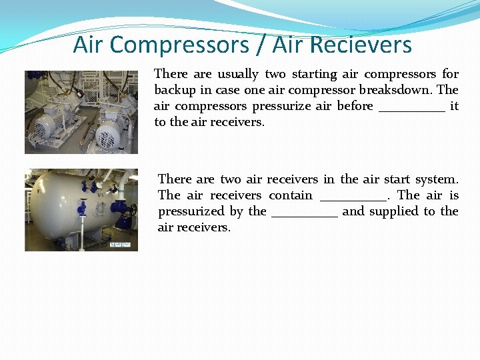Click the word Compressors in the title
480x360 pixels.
[x=179, y=45]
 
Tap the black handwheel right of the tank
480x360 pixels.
[x=132, y=211]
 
